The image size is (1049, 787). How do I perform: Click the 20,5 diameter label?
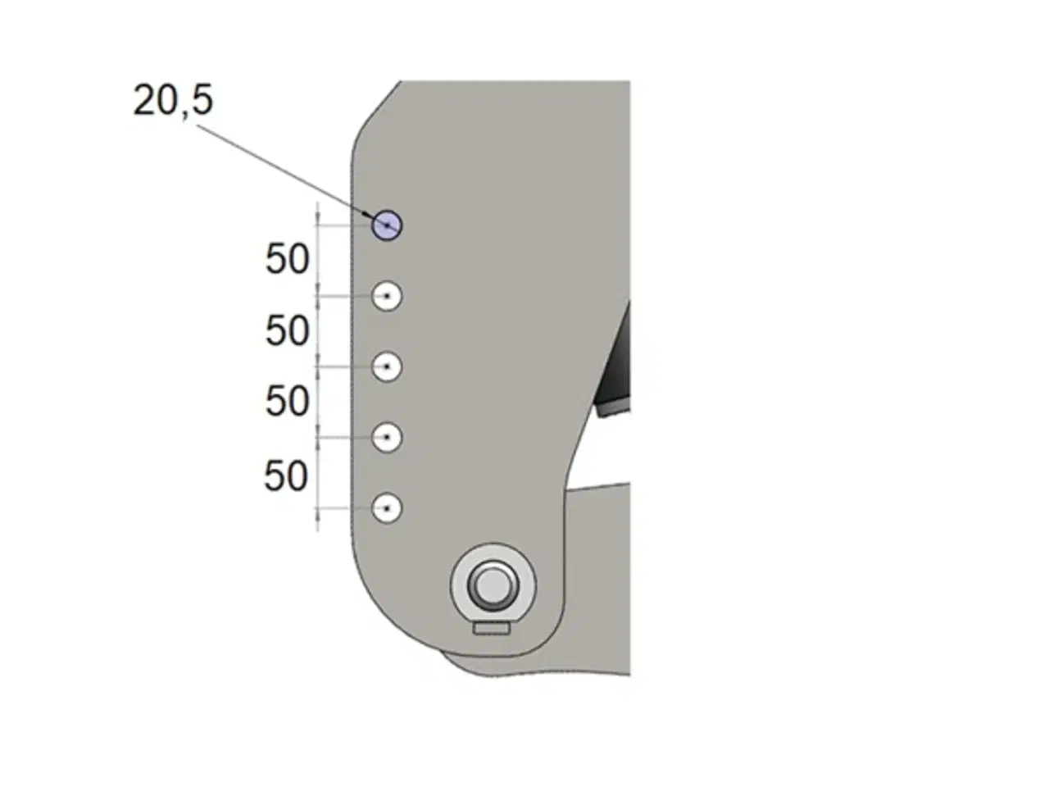pos(173,101)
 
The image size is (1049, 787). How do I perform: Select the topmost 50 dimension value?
pos(287,259)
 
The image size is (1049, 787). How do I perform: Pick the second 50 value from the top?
pos(287,330)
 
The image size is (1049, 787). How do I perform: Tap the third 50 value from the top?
pos(287,401)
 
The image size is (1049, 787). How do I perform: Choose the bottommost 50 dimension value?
pos(286,475)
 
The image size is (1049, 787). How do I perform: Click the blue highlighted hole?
pos(387,225)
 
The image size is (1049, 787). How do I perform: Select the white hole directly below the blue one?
pos(387,295)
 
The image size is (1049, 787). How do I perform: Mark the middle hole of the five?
pos(387,366)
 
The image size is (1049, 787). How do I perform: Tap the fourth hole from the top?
pos(387,437)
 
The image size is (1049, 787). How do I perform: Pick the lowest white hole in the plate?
pos(387,508)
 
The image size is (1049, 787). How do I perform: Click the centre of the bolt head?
pos(492,585)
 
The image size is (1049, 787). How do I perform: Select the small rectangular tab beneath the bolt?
pos(492,628)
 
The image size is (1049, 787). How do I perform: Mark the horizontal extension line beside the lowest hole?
pos(344,508)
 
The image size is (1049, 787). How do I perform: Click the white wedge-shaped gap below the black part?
pos(602,451)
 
